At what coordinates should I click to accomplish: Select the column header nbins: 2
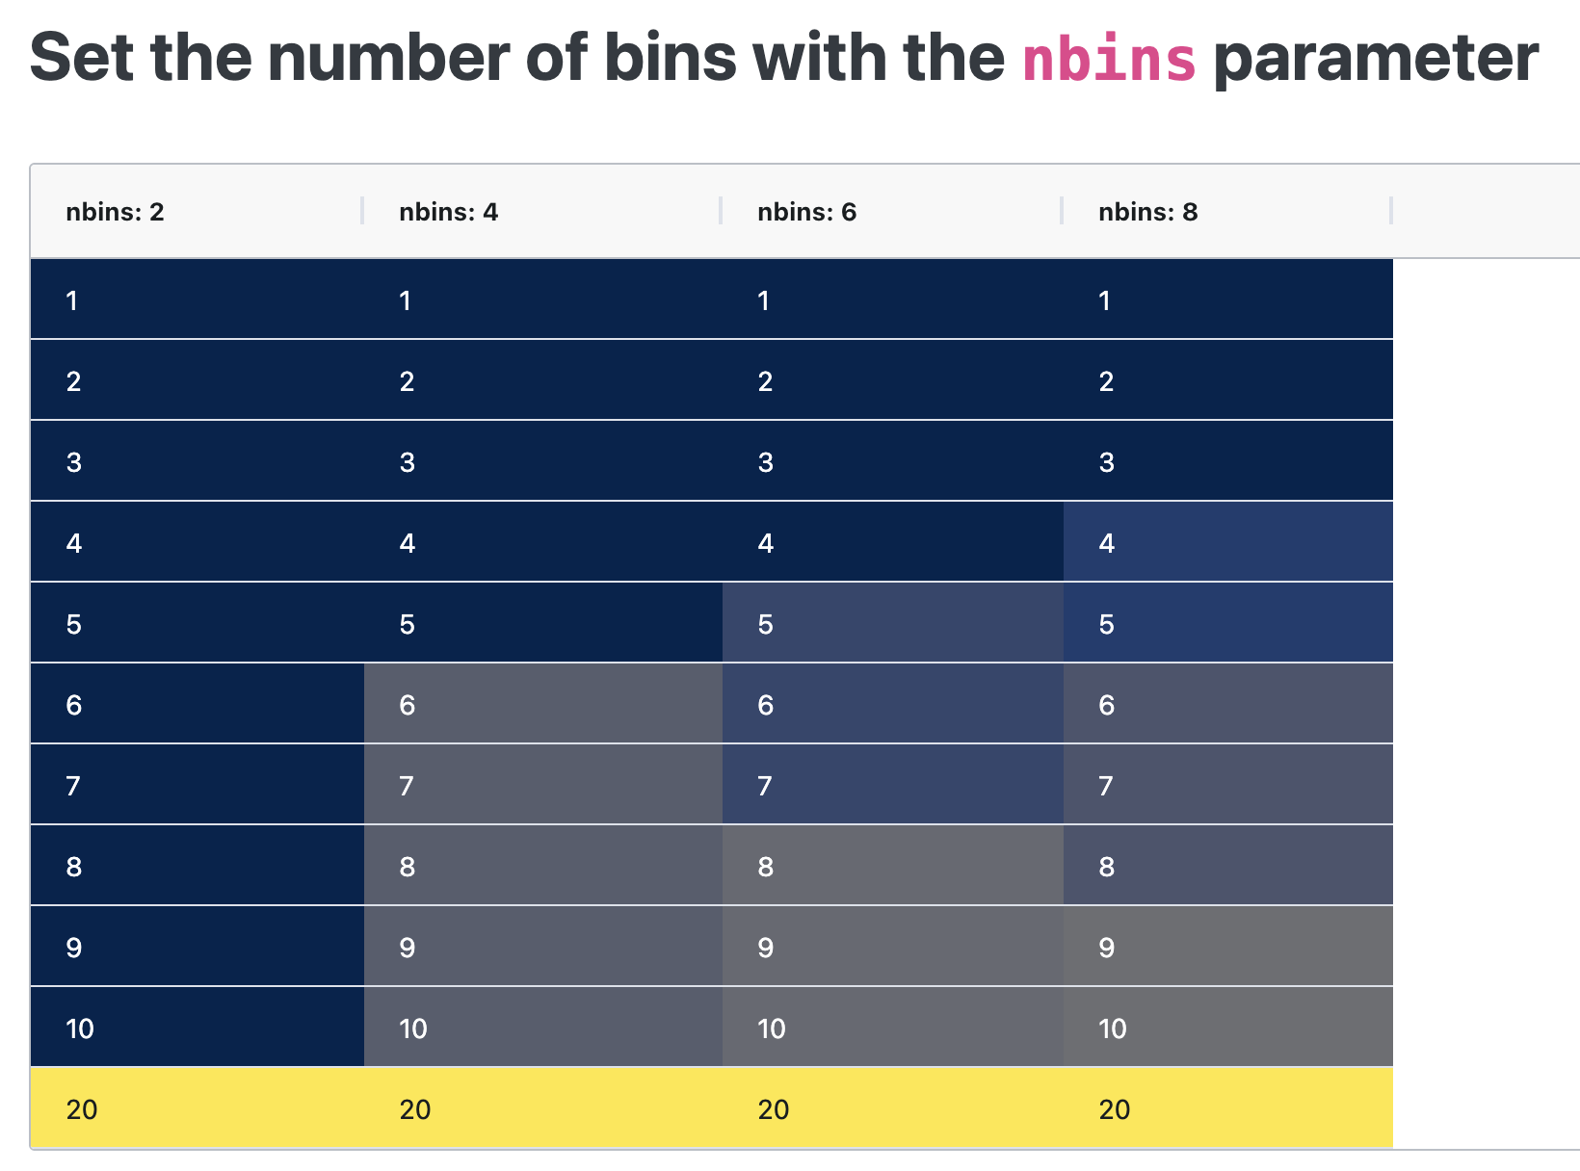[x=115, y=212]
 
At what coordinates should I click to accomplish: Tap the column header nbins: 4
[x=448, y=212]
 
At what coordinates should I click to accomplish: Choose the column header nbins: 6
[x=806, y=212]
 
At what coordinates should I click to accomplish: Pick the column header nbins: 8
[x=1147, y=212]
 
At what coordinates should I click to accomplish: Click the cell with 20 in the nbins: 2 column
[x=197, y=1109]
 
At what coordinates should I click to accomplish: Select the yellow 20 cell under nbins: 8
[x=1227, y=1109]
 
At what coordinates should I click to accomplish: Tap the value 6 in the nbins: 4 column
[x=542, y=705]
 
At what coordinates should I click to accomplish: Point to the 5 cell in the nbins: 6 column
[x=892, y=624]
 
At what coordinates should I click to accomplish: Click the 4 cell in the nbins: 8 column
[x=1227, y=543]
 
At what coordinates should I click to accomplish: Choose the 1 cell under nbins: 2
[x=197, y=300]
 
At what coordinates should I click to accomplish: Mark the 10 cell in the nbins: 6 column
[x=892, y=1028]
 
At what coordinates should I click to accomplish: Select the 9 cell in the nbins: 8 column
[x=1227, y=948]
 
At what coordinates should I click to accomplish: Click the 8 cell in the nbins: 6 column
[x=892, y=867]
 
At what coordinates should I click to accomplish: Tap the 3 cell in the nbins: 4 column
[x=542, y=462]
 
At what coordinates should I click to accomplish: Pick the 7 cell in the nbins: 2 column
[x=197, y=786]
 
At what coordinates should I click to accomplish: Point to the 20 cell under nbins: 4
[x=542, y=1109]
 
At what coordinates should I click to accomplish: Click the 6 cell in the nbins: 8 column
[x=1227, y=705]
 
